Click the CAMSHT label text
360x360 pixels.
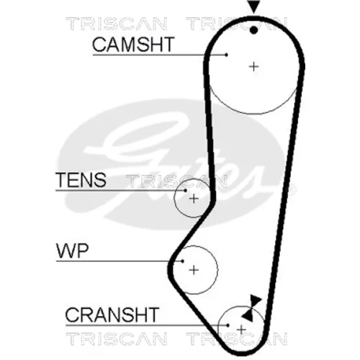133,45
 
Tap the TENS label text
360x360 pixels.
81,180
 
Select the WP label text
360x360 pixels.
73,251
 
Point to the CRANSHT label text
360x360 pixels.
112,315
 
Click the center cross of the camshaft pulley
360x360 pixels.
253,66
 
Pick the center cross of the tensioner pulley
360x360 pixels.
194,199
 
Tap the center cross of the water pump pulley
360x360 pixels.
194,270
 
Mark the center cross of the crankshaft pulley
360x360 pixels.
241,330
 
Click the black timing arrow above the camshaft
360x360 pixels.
254,6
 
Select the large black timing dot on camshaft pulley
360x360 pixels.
253,30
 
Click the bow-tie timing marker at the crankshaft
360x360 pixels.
251,308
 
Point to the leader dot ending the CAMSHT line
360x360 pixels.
226,55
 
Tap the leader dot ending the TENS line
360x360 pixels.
186,191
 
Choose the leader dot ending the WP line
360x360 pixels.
183,261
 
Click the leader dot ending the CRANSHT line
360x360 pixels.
228,325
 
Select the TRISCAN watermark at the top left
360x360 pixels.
117,24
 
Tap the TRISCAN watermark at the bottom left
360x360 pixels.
117,338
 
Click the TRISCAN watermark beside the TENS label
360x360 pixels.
176,181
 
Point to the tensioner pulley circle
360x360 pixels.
174,199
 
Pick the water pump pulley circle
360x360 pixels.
217,270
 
